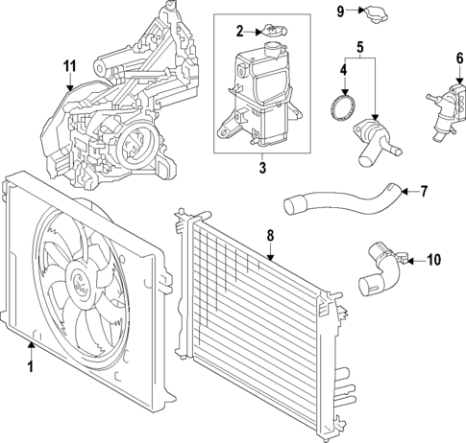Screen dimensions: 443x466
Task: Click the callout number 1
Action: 30,366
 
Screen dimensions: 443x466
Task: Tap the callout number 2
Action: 241,32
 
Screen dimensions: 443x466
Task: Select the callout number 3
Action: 261,168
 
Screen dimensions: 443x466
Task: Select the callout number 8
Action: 270,233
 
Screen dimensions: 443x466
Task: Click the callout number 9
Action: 340,11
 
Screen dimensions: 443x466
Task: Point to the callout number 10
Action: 433,259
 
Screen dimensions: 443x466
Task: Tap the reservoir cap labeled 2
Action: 275,35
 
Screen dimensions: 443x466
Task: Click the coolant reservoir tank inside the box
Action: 259,101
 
